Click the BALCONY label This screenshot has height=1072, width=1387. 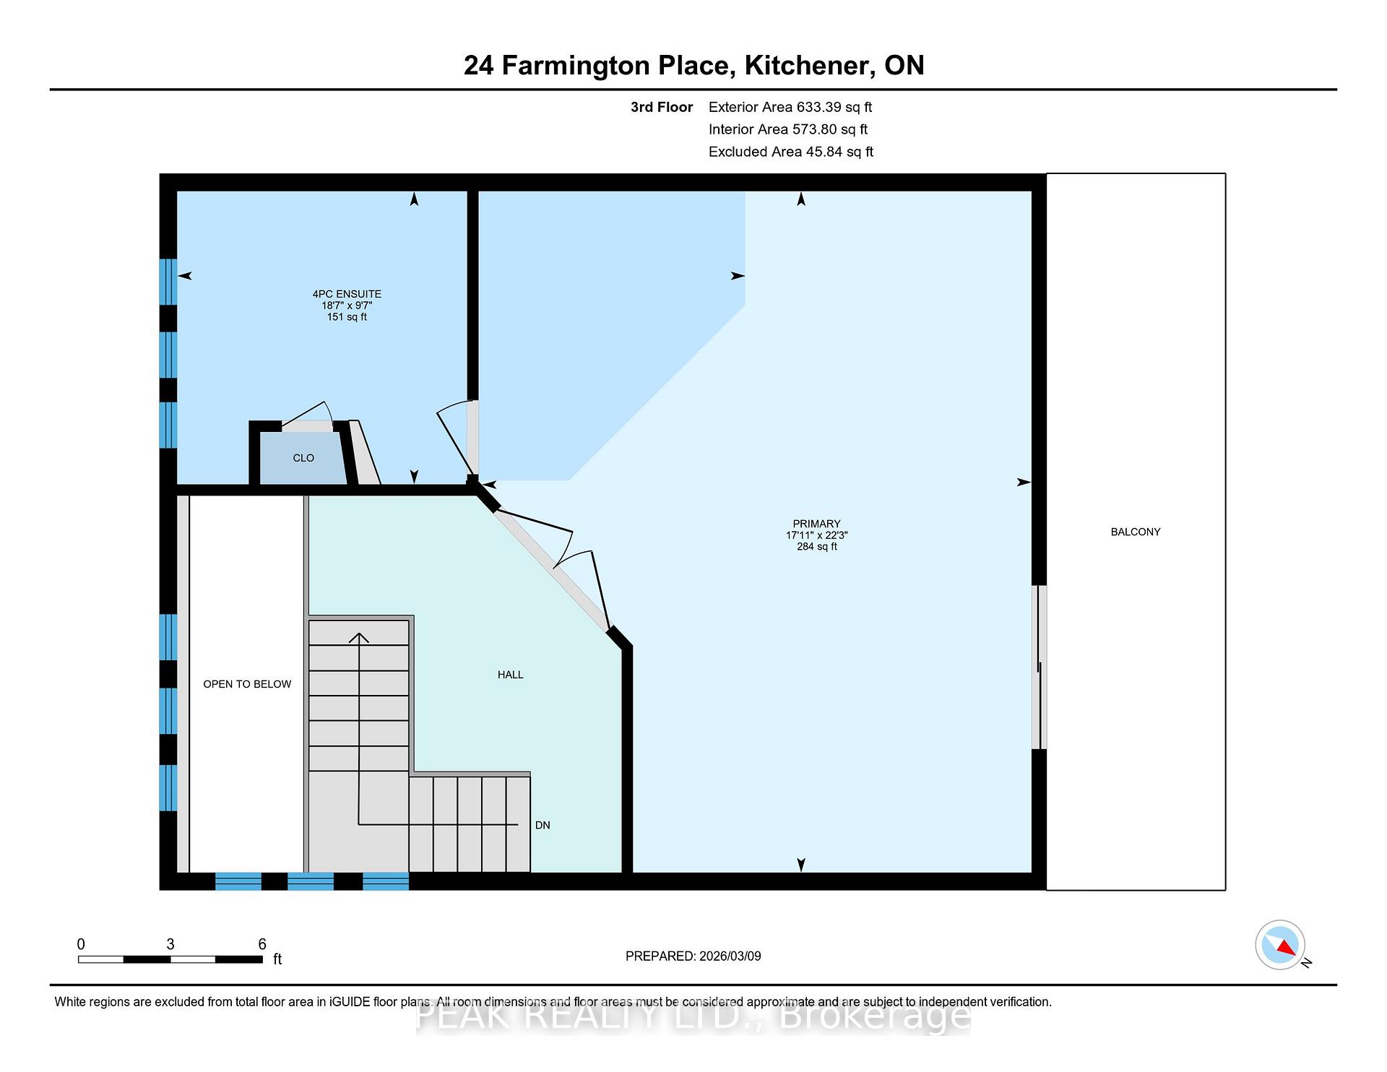coord(1136,532)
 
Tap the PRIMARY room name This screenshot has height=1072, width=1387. coord(816,524)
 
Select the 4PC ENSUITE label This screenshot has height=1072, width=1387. coord(347,294)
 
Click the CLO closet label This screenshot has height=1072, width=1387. coord(303,458)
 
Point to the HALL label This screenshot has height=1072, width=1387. coord(510,675)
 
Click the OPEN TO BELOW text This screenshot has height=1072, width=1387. coord(247,684)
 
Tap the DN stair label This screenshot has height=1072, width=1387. coord(543,825)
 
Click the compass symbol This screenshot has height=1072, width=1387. coord(1280,945)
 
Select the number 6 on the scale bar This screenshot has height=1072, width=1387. coord(262,944)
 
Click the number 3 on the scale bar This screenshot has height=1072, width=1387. coord(170,944)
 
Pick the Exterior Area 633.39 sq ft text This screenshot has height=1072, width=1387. coord(790,107)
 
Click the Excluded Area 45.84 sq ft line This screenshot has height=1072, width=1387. coord(791,152)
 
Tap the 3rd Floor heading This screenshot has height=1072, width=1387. coord(662,107)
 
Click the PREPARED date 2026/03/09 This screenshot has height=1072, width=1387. coord(730,956)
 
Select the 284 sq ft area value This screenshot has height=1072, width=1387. coord(817,547)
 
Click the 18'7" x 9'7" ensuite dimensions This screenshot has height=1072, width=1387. coord(347,306)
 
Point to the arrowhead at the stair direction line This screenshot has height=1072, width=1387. coord(359,637)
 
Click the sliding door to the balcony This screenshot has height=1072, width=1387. coord(1040,667)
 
